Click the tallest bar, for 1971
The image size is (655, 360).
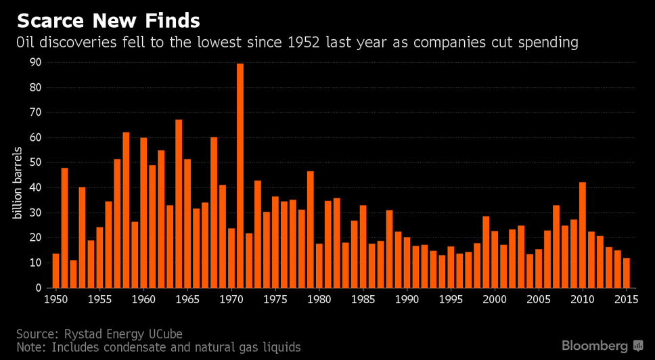[x=240, y=176]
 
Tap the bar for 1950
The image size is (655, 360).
[x=56, y=271]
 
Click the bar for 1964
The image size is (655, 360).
[x=179, y=204]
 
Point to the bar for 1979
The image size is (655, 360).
[x=311, y=229]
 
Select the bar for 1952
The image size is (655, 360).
[x=74, y=274]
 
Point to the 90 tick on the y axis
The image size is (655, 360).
[x=35, y=62]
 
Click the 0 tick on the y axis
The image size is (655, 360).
[x=38, y=288]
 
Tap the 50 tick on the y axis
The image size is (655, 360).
[x=35, y=162]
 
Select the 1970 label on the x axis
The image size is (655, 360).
[x=231, y=299]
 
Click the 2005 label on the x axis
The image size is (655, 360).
[x=539, y=299]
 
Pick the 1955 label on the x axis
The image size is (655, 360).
[x=99, y=299]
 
